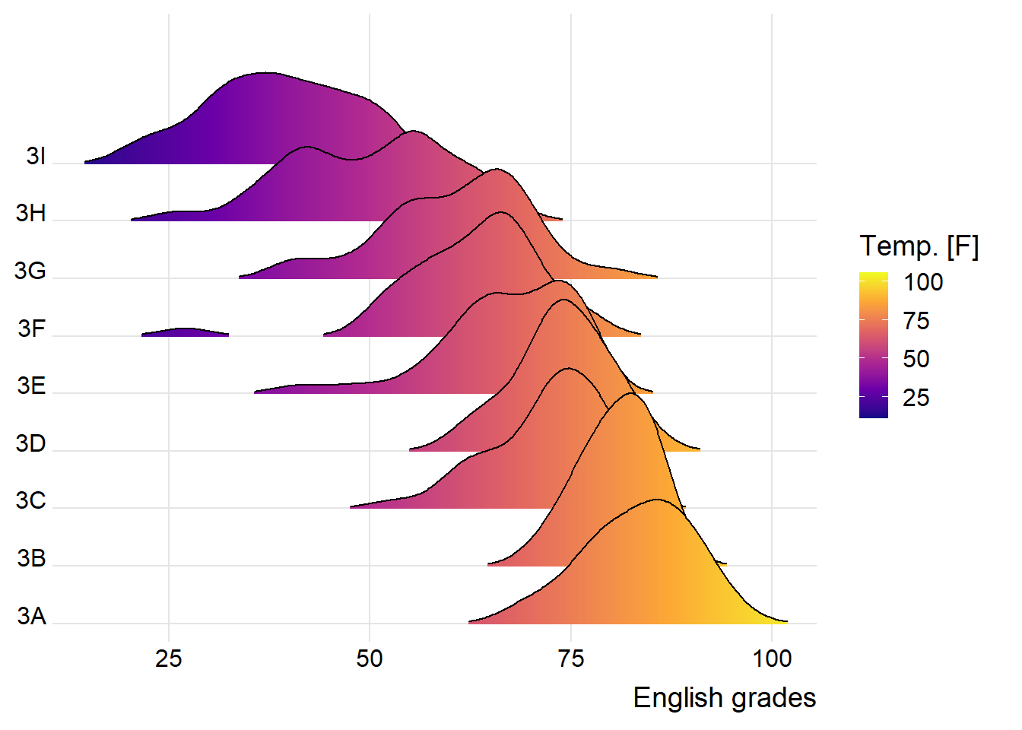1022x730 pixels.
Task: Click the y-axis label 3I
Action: tap(36, 156)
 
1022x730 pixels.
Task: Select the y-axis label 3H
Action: tap(31, 213)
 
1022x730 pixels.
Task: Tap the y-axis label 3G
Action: tap(30, 271)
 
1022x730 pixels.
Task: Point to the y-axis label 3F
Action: tap(32, 328)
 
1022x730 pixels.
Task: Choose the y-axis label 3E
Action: tap(31, 386)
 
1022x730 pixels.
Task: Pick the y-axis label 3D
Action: tap(31, 443)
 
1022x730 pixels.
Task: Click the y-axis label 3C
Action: tap(31, 500)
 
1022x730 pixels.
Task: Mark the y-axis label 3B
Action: tap(31, 558)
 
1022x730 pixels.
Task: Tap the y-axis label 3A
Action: tap(31, 615)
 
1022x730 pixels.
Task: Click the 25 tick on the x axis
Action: tap(169, 659)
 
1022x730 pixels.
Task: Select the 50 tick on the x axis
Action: tap(370, 659)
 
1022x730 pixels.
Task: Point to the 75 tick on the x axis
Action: tap(571, 659)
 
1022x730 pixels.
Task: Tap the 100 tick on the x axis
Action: tap(772, 659)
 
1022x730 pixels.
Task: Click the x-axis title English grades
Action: tap(724, 697)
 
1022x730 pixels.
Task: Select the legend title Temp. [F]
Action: tap(919, 246)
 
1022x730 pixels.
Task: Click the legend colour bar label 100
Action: tap(923, 282)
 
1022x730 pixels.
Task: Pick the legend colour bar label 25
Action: tap(916, 398)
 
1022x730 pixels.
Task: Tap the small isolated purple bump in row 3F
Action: tap(186, 332)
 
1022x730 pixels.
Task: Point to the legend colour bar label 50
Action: tap(916, 359)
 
